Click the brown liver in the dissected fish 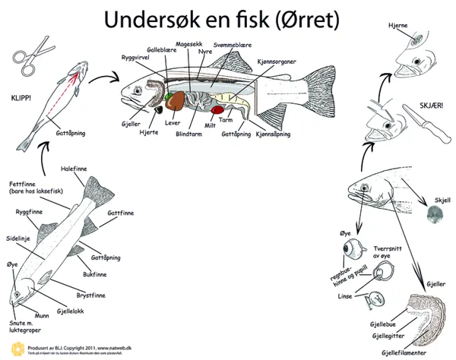(179, 104)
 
